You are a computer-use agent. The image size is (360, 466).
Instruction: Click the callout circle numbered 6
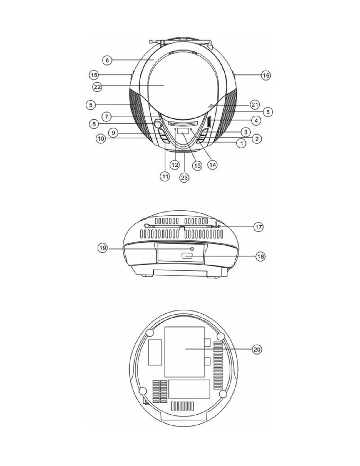tap(107, 60)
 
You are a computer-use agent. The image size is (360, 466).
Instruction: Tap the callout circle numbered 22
tap(97, 87)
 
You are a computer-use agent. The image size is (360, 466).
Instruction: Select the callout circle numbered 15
tap(94, 75)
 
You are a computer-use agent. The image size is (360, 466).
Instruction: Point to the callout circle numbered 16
tap(266, 75)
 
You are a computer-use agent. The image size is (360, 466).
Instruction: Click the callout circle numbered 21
tap(255, 105)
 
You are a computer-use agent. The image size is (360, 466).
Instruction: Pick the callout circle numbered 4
tap(256, 120)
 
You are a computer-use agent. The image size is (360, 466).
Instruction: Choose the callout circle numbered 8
tap(94, 124)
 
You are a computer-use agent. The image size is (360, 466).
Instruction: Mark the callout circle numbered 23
tap(184, 178)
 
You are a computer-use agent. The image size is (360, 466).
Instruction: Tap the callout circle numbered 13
tap(197, 166)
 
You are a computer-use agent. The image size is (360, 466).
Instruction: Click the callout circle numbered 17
tap(259, 227)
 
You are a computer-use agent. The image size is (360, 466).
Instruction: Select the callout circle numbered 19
tap(103, 248)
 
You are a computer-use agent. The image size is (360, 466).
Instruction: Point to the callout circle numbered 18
tap(260, 256)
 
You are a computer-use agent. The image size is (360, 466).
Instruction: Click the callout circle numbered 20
tap(257, 349)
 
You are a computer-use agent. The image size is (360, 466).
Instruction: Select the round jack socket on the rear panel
tap(192, 249)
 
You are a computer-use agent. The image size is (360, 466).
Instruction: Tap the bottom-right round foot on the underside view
tap(222, 394)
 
